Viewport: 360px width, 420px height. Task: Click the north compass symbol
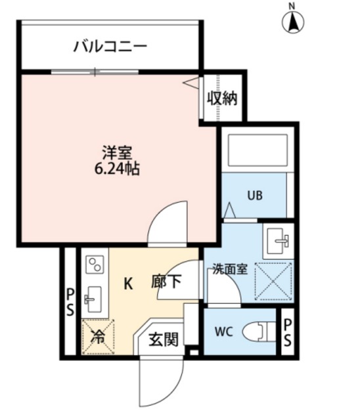(x=293, y=22)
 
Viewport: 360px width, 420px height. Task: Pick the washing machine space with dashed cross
(x=273, y=280)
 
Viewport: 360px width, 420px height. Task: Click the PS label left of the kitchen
(x=70, y=301)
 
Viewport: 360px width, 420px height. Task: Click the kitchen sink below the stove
(x=93, y=301)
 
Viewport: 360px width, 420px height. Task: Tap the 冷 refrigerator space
(x=97, y=337)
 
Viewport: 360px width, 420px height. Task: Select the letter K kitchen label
(x=129, y=283)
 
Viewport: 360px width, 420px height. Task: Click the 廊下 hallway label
(x=166, y=283)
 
